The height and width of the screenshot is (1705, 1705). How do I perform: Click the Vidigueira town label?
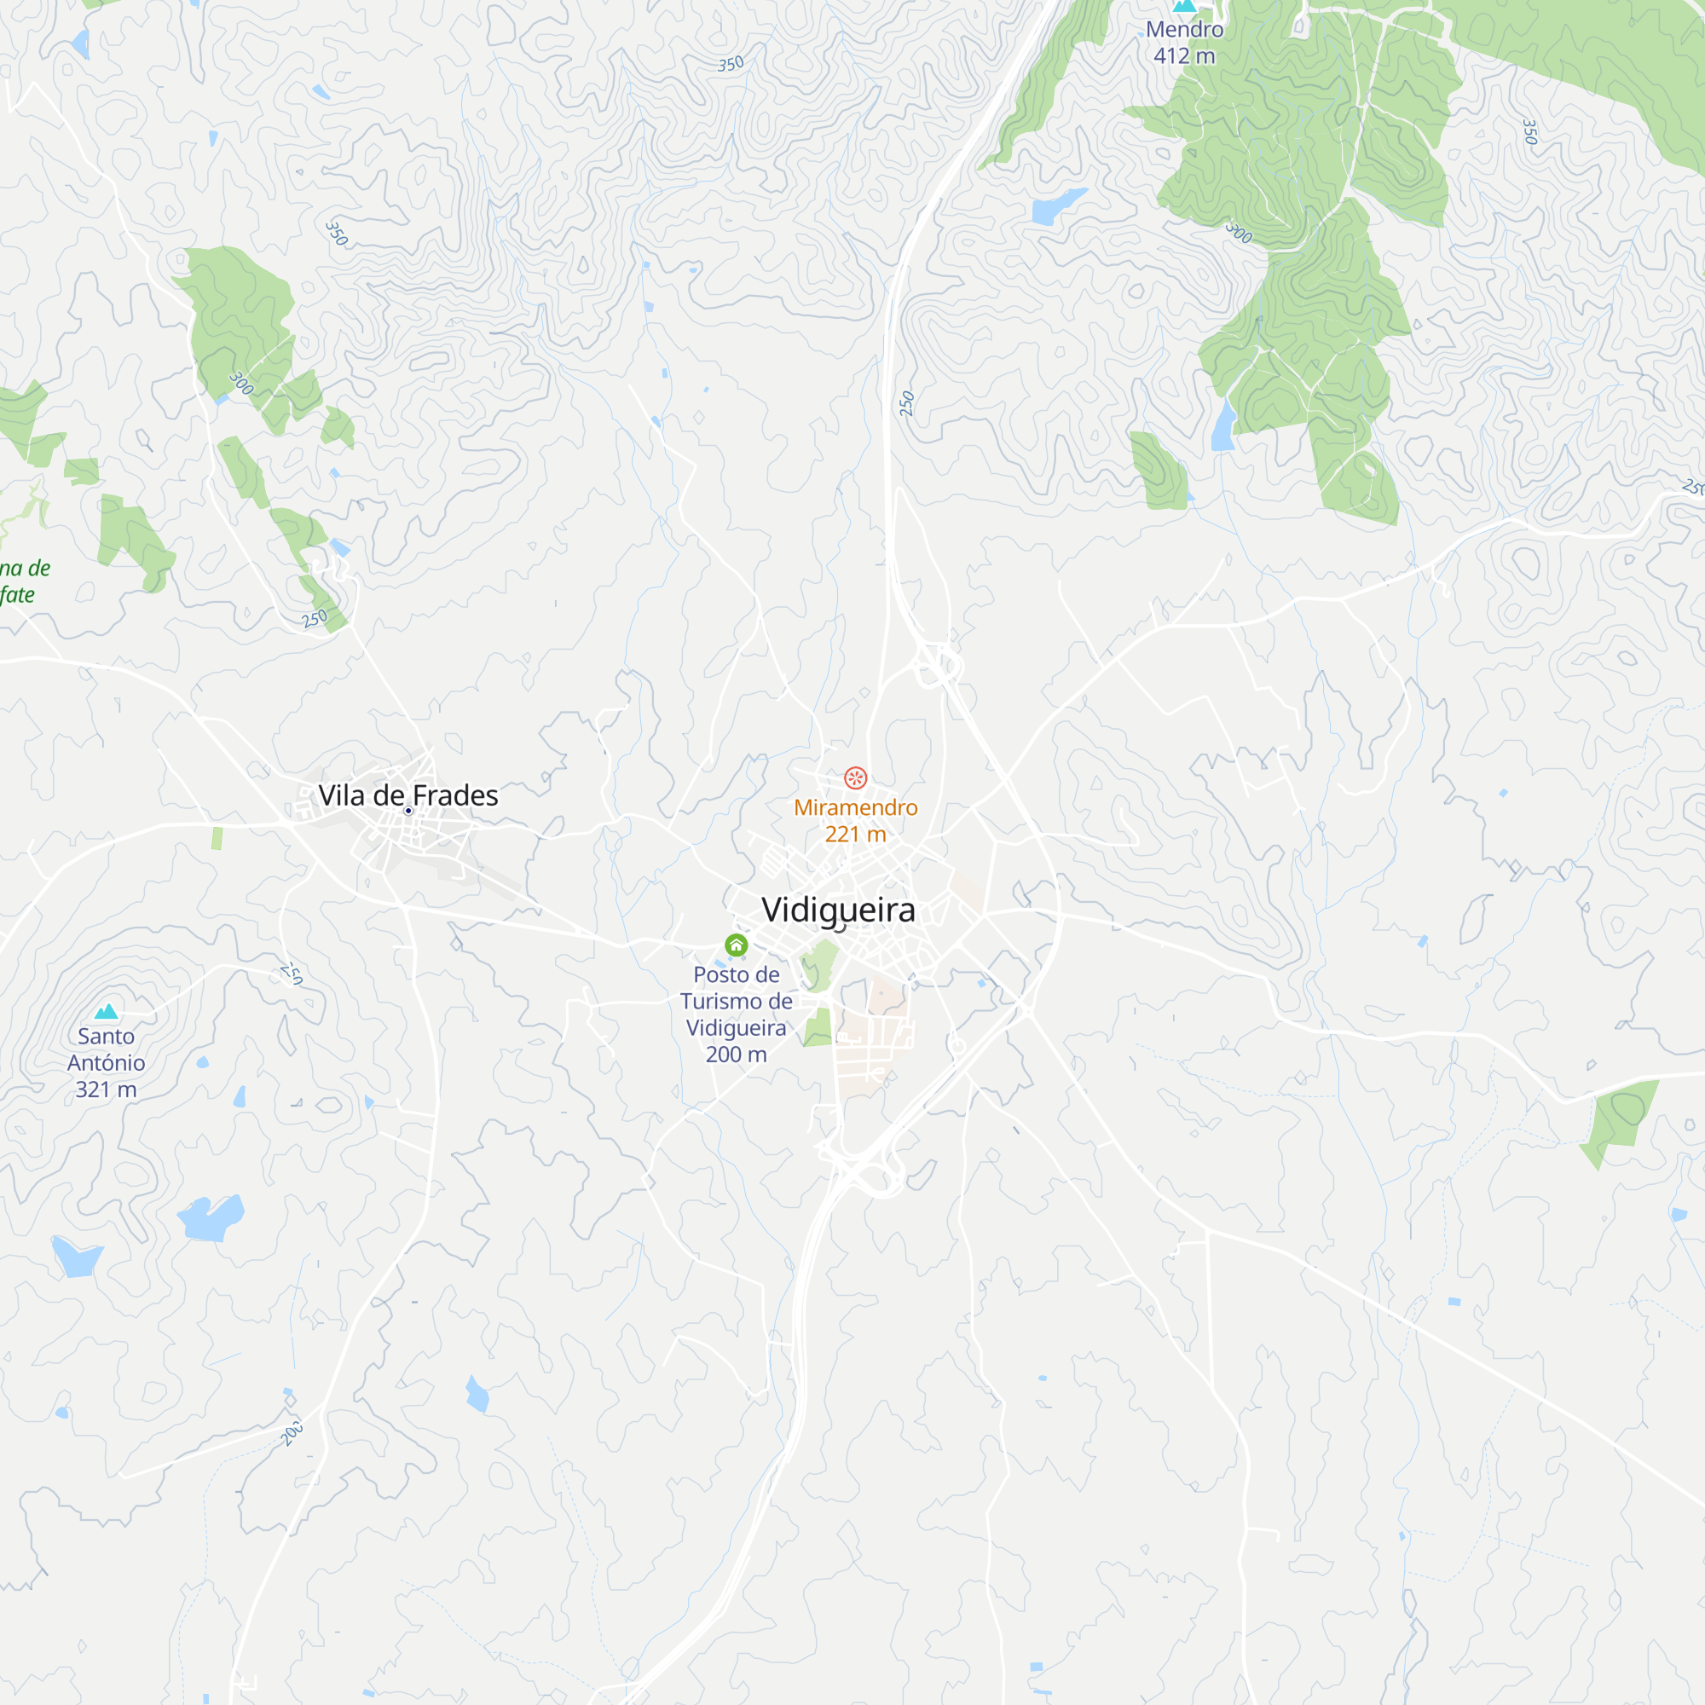[x=837, y=910]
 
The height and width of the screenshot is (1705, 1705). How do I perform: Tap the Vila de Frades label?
[x=407, y=795]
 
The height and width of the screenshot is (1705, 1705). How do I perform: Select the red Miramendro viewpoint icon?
[x=855, y=777]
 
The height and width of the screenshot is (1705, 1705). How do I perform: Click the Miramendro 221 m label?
[x=855, y=821]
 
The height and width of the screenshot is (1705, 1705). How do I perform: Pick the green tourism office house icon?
[x=736, y=945]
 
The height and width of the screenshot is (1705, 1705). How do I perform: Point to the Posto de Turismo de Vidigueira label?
[x=736, y=1014]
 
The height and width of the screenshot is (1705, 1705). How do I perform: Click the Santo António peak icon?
[x=106, y=1011]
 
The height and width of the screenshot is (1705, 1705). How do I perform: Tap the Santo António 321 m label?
[x=106, y=1062]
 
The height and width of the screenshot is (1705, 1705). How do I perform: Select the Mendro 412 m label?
[x=1183, y=43]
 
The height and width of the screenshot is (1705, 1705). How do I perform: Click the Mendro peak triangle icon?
[x=1183, y=5]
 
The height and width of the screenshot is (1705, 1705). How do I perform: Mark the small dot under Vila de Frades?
[x=407, y=811]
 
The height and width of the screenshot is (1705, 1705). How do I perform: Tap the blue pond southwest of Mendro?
[x=1057, y=206]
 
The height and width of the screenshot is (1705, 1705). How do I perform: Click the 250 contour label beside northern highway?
[x=906, y=403]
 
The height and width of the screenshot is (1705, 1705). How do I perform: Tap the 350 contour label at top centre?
[x=731, y=64]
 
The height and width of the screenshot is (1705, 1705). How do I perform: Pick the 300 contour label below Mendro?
[x=1239, y=233]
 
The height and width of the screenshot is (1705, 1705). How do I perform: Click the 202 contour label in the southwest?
[x=292, y=1433]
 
